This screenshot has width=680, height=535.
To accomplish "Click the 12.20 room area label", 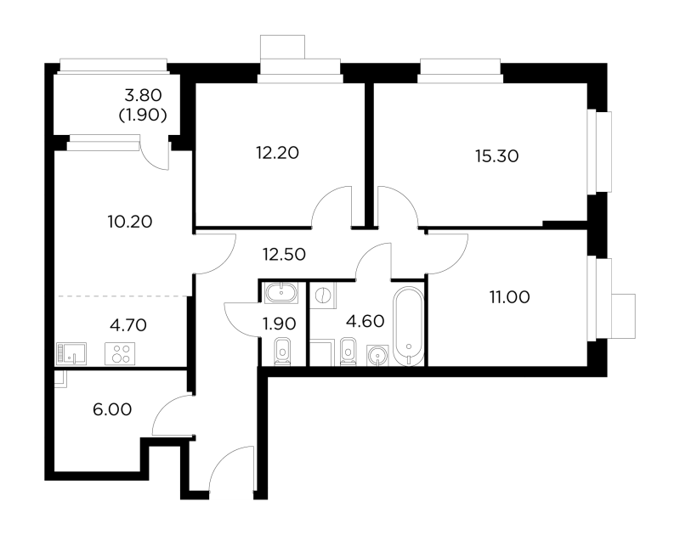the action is pyautogui.click(x=278, y=153).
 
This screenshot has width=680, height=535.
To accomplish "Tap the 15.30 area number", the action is pyautogui.click(x=497, y=156).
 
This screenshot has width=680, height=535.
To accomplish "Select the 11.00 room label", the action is pyautogui.click(x=509, y=297).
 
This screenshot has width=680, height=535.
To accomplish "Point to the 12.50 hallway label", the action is pyautogui.click(x=284, y=254).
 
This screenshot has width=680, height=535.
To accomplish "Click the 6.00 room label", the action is pyautogui.click(x=112, y=409).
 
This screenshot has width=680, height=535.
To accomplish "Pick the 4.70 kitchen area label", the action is pyautogui.click(x=128, y=324).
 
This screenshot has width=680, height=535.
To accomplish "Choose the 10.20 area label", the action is pyautogui.click(x=130, y=222).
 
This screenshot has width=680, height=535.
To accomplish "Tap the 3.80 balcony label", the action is pyautogui.click(x=143, y=95).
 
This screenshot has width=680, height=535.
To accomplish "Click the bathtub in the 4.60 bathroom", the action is pyautogui.click(x=409, y=326).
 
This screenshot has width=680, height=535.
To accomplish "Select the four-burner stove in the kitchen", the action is pyautogui.click(x=120, y=353).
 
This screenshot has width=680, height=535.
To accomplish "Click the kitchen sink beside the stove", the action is pyautogui.click(x=71, y=353).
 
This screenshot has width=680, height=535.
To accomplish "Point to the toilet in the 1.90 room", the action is pyautogui.click(x=283, y=352).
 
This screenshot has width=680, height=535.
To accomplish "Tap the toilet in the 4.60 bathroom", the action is pyautogui.click(x=348, y=352).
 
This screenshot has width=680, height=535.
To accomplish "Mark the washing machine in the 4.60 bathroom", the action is pyautogui.click(x=323, y=296).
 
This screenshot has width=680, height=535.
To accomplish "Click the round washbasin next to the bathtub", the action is pyautogui.click(x=377, y=356).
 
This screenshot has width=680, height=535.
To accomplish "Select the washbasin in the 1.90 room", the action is pyautogui.click(x=281, y=293).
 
